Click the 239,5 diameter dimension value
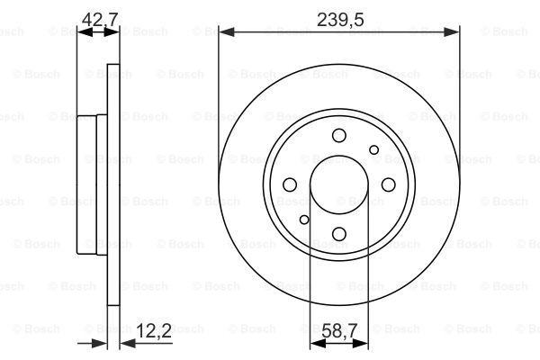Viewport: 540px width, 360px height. [x=340, y=20]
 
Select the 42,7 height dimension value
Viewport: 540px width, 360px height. [x=100, y=20]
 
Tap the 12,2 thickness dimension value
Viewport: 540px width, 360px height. [x=154, y=331]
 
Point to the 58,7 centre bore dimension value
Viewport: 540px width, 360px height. [x=339, y=331]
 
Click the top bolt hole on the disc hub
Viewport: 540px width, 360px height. [x=339, y=135]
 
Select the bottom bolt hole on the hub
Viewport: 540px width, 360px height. [x=339, y=234]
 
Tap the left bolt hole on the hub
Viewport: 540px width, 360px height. [x=290, y=184]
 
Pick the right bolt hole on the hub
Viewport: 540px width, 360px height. [x=389, y=184]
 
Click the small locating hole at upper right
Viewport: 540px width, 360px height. [x=374, y=150]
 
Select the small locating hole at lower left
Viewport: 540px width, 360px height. [x=304, y=220]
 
